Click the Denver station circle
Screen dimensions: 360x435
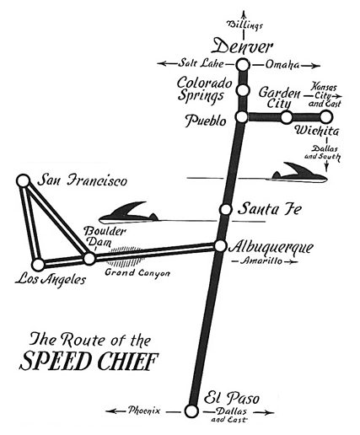click(x=243, y=65)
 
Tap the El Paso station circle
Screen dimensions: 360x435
click(x=191, y=411)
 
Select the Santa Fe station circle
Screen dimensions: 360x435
click(x=225, y=209)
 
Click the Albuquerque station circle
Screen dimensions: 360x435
click(x=220, y=246)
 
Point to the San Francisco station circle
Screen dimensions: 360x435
click(x=24, y=181)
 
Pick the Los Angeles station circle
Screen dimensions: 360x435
click(x=38, y=265)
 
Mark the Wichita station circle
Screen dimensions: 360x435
click(x=326, y=117)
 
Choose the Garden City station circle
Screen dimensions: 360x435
click(x=287, y=117)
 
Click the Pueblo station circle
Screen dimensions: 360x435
click(x=241, y=117)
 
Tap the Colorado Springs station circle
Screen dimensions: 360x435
click(x=243, y=90)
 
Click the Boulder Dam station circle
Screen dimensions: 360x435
click(x=89, y=259)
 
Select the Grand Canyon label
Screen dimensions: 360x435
click(x=137, y=272)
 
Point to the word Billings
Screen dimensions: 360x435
click(x=244, y=24)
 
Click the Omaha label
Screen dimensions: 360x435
click(x=282, y=65)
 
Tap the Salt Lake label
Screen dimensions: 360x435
click(x=201, y=63)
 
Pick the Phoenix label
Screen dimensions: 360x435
click(x=144, y=411)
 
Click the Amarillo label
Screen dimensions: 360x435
click(x=261, y=261)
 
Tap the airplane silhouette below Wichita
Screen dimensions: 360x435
click(x=299, y=173)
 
